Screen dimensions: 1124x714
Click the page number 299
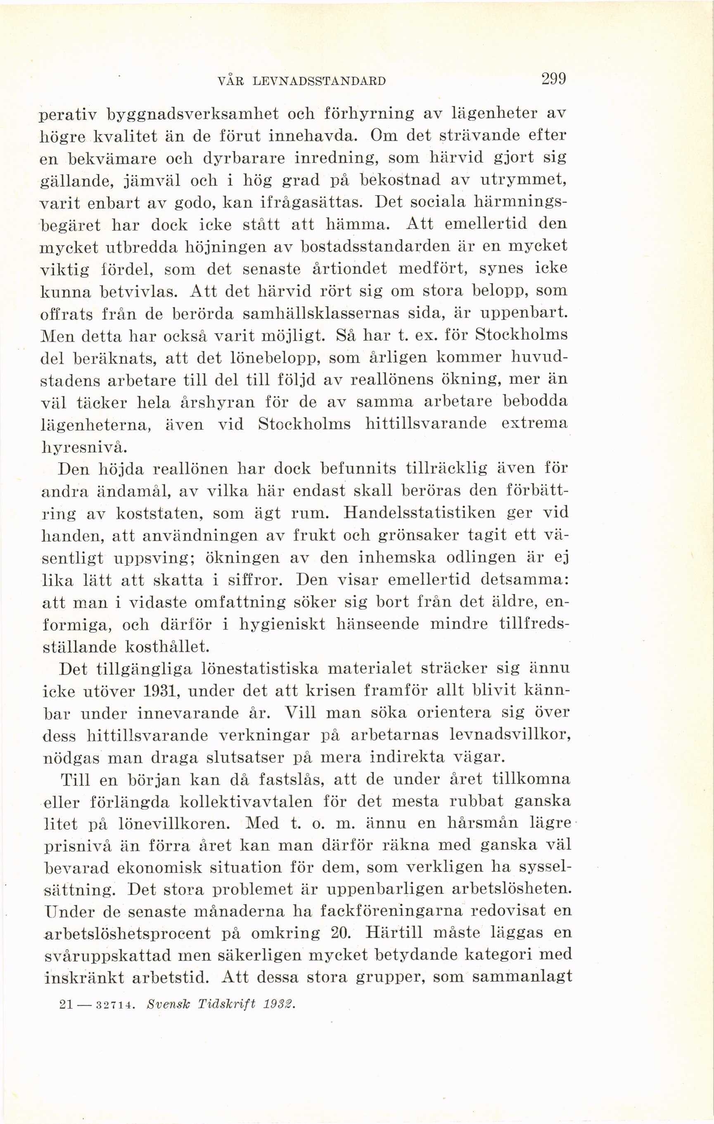tap(553, 78)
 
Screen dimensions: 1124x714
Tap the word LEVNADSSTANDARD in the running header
tap(319, 81)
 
